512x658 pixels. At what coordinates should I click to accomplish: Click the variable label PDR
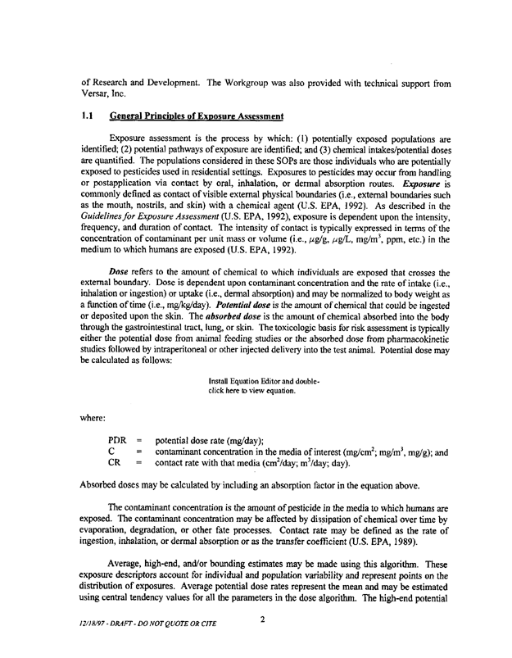(119, 441)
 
